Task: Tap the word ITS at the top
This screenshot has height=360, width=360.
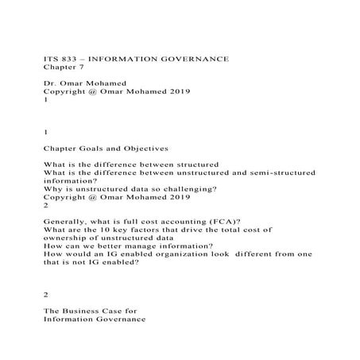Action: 49,60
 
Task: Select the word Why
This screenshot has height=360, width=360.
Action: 52,188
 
